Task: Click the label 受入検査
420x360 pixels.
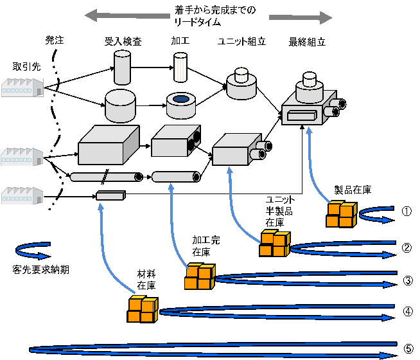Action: [123, 42]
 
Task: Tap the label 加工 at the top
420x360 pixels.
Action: [179, 42]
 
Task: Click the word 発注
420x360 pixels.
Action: [55, 40]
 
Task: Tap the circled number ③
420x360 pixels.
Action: [407, 281]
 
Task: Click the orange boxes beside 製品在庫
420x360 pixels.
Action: [340, 215]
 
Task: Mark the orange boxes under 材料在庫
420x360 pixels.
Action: [142, 309]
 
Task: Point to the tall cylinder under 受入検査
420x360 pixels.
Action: [122, 67]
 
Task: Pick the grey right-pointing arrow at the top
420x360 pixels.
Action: [301, 17]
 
